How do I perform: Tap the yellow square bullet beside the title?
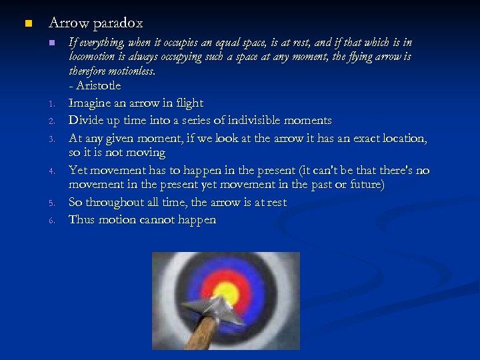click(27, 24)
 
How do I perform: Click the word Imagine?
click(91, 103)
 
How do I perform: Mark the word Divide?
click(87, 121)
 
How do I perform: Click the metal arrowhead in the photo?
click(209, 308)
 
